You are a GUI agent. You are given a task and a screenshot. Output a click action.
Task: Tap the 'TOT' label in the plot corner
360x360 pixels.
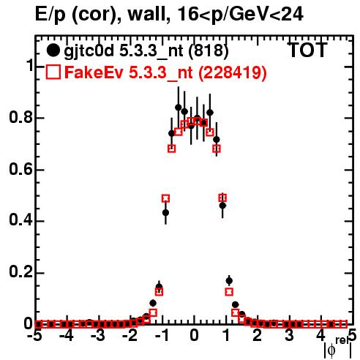point(308,50)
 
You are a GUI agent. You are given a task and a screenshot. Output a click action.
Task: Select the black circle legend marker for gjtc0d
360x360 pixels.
point(53,50)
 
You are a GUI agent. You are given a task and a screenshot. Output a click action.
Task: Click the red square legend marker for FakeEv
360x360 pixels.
point(53,72)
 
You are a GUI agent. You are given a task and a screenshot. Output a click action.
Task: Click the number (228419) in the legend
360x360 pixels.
point(232,72)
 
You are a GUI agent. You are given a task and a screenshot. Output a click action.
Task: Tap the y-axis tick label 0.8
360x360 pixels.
point(20,118)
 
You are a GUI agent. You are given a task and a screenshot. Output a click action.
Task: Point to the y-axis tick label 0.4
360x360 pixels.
point(20,221)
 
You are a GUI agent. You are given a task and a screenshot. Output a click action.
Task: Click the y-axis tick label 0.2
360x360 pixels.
point(20,272)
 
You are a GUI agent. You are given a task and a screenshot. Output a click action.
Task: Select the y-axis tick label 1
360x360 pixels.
point(30,66)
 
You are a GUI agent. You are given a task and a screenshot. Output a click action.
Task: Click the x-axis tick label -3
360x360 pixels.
point(98,336)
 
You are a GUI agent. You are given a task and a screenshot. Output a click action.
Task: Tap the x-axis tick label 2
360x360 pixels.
point(258,336)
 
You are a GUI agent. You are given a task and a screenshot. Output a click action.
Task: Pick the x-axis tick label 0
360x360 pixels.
point(194,336)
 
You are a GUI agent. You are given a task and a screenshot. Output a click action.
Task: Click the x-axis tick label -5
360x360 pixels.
point(35,336)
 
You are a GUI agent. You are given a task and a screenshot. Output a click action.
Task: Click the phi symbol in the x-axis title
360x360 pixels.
point(331,350)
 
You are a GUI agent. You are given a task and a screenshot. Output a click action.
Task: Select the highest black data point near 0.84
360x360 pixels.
point(179,108)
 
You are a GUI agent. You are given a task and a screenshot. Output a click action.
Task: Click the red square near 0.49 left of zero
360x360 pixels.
point(165,198)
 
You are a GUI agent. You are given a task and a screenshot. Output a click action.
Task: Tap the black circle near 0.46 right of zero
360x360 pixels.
point(222,206)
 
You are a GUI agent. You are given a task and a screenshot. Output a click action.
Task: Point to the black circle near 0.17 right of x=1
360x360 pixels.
point(229,281)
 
